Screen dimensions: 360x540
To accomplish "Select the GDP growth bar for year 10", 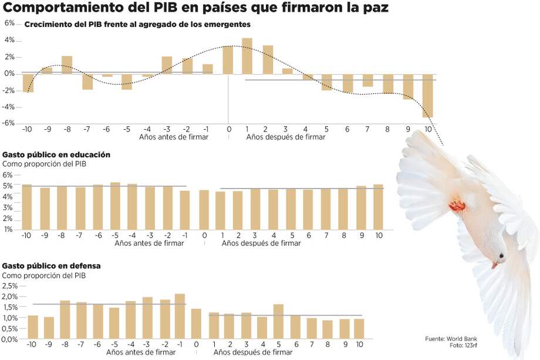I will pyautogui.click(x=427, y=96).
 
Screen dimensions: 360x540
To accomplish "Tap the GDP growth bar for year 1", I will pyautogui.click(x=247, y=56).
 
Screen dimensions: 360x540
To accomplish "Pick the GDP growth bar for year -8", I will pyautogui.click(x=67, y=65).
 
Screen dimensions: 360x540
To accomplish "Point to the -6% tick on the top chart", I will pyautogui.click(x=9, y=123).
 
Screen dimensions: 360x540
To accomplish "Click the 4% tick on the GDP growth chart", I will pyautogui.click(x=9, y=40).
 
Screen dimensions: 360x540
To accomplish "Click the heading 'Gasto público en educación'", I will pyautogui.click(x=56, y=154).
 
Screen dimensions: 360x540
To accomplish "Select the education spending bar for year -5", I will pyautogui.click(x=115, y=206).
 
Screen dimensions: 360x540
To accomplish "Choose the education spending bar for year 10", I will pyautogui.click(x=378, y=207).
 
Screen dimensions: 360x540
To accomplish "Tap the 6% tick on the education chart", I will pyautogui.click(x=8, y=175).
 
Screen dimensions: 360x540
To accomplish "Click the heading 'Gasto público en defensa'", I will pyautogui.click(x=52, y=265).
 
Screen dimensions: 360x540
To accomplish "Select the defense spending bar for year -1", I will pyautogui.click(x=180, y=317).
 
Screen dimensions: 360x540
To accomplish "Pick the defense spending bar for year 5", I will pyautogui.click(x=278, y=321).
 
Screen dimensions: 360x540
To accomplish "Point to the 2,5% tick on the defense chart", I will pyautogui.click(x=10, y=286).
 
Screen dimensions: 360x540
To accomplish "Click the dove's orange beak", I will pyautogui.click(x=495, y=265).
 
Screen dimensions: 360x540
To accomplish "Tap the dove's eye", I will pyautogui.click(x=501, y=256).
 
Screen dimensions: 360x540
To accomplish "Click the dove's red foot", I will pyautogui.click(x=457, y=206).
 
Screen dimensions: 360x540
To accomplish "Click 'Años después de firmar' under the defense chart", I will pyautogui.click(x=254, y=352).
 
